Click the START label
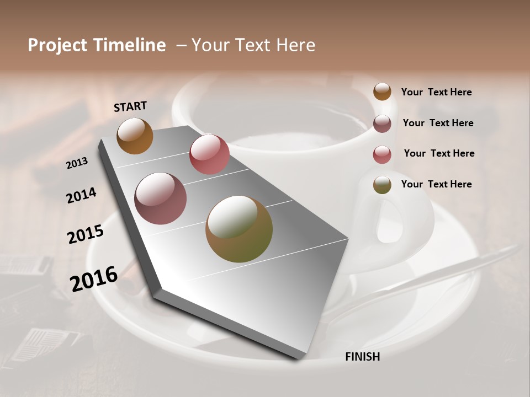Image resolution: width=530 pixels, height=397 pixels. [x=130, y=106]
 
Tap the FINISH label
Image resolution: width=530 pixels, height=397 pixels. [x=362, y=357]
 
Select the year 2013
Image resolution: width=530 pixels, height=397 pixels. [x=77, y=163]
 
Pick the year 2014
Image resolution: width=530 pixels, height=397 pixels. [x=81, y=195]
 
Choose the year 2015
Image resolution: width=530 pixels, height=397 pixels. [x=86, y=234]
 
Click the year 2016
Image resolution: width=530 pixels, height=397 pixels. [x=93, y=278]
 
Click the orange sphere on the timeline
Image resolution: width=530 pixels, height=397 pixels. [x=135, y=136]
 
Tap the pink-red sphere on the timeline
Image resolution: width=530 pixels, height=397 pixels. [x=209, y=154]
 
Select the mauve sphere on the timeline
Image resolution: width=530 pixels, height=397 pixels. [x=160, y=198]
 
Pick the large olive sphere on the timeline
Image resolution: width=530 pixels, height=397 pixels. [x=239, y=229]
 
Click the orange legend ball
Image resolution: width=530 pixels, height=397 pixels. [x=382, y=92]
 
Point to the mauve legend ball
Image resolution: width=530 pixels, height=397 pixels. [x=382, y=124]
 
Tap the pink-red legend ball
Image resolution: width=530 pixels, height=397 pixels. [x=382, y=154]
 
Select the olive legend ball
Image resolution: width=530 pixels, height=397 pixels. [x=382, y=185]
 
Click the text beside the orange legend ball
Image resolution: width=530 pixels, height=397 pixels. [x=436, y=92]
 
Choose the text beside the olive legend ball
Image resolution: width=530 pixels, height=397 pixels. [x=436, y=184]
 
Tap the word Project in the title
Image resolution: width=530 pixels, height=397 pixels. [x=57, y=45]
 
